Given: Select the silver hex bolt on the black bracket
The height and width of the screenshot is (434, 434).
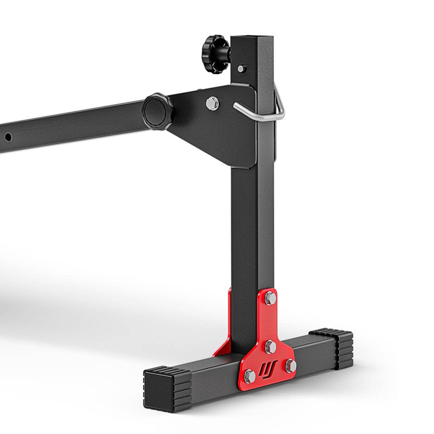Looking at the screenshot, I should (x=212, y=103).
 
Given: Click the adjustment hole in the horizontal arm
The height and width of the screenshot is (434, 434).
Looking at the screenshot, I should (x=9, y=137).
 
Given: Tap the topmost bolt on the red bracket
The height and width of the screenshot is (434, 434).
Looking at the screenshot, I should (x=270, y=299).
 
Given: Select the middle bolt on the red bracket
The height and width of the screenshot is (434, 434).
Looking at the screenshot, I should (x=270, y=347).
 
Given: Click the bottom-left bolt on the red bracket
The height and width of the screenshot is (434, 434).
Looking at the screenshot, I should (x=250, y=376).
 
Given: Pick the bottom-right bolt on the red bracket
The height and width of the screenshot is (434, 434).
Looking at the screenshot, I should (x=290, y=366).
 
